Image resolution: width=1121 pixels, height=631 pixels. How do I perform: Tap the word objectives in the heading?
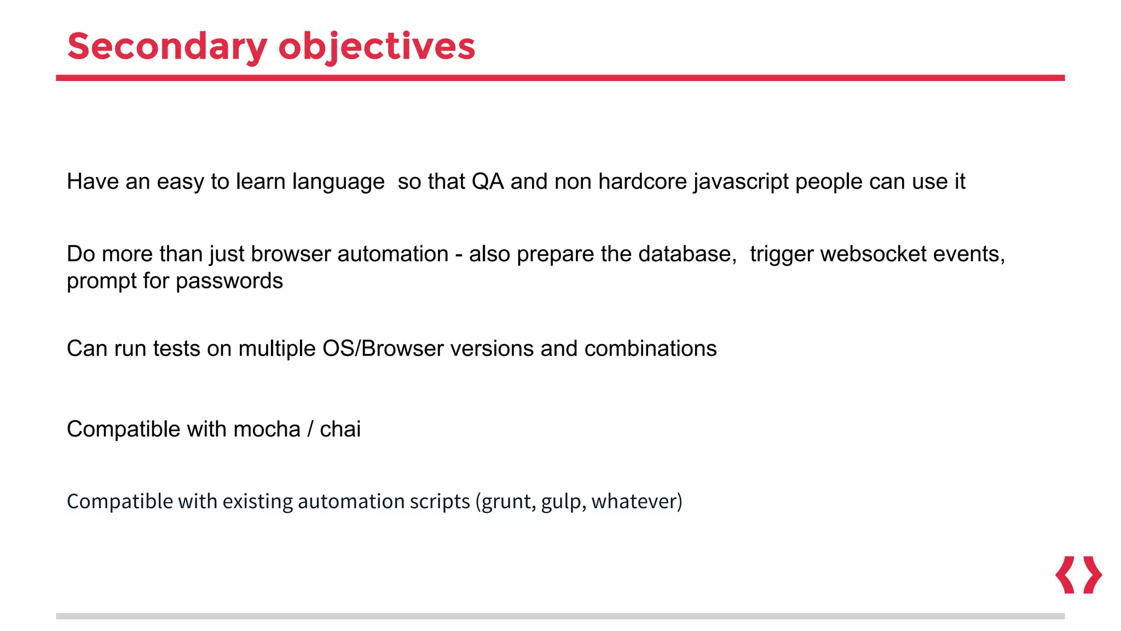pos(377,47)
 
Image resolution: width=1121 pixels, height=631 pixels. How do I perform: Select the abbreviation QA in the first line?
pos(487,181)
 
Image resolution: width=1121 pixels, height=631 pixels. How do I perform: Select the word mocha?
pos(267,429)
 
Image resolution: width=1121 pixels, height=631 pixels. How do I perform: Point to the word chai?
pos(340,429)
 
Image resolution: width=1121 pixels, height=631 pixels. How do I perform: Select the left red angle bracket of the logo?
pos(1065,575)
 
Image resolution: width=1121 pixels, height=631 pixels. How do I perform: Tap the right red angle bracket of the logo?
pos(1093,575)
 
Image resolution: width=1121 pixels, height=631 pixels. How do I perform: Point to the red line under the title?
pos(560,78)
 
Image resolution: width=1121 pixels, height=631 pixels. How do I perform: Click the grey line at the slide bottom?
pos(560,616)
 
